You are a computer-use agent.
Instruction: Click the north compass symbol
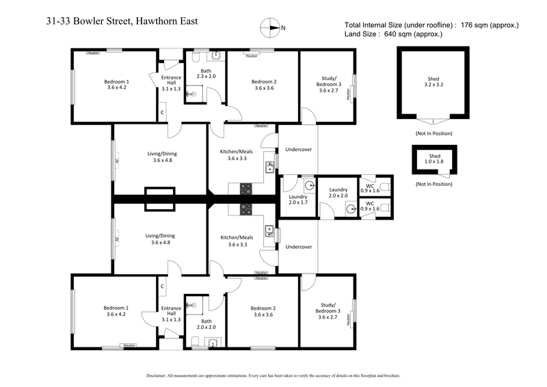271,28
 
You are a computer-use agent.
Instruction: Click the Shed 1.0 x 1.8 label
434,159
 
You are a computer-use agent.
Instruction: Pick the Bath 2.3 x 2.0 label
206,74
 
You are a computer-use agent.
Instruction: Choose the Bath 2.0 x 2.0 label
206,323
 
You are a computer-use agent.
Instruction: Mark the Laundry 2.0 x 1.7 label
298,199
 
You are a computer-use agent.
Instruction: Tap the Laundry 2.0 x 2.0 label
338,192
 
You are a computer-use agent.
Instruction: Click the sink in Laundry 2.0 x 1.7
309,185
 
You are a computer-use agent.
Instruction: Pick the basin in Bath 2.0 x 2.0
212,343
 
